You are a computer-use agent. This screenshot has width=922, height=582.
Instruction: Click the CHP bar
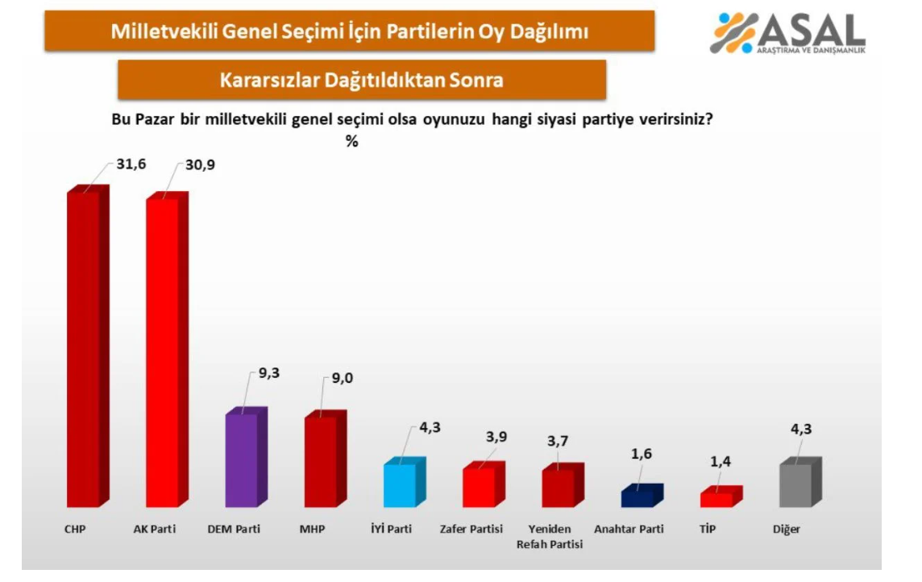(x=88, y=347)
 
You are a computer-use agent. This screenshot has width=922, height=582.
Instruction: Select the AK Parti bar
(x=167, y=350)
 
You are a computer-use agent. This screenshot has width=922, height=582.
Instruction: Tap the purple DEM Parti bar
(x=247, y=457)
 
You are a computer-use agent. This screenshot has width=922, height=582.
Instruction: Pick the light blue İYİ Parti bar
(x=405, y=482)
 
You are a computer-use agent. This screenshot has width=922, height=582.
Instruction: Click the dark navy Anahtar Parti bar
(x=642, y=496)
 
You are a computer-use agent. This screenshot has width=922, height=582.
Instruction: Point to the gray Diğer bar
(x=801, y=482)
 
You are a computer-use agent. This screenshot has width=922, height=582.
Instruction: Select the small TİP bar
(x=721, y=497)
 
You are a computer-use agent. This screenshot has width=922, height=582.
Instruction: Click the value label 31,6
(x=131, y=164)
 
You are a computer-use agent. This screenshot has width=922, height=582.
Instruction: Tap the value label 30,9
(x=200, y=165)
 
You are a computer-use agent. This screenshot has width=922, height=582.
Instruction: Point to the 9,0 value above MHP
(x=343, y=378)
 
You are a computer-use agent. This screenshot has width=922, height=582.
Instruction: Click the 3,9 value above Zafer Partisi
(x=496, y=437)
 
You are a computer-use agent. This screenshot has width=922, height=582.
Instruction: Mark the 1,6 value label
(x=642, y=454)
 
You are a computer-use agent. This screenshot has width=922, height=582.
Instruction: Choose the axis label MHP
(x=312, y=529)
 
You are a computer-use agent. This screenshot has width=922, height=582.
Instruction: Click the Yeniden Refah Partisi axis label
(x=550, y=537)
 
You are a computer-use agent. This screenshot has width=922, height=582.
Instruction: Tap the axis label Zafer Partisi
(x=471, y=529)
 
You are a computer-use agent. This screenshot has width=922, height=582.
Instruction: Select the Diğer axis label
(x=787, y=529)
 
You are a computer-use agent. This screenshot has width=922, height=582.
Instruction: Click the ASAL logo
(x=788, y=33)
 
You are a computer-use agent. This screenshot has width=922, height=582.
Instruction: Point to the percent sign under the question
(x=351, y=141)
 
